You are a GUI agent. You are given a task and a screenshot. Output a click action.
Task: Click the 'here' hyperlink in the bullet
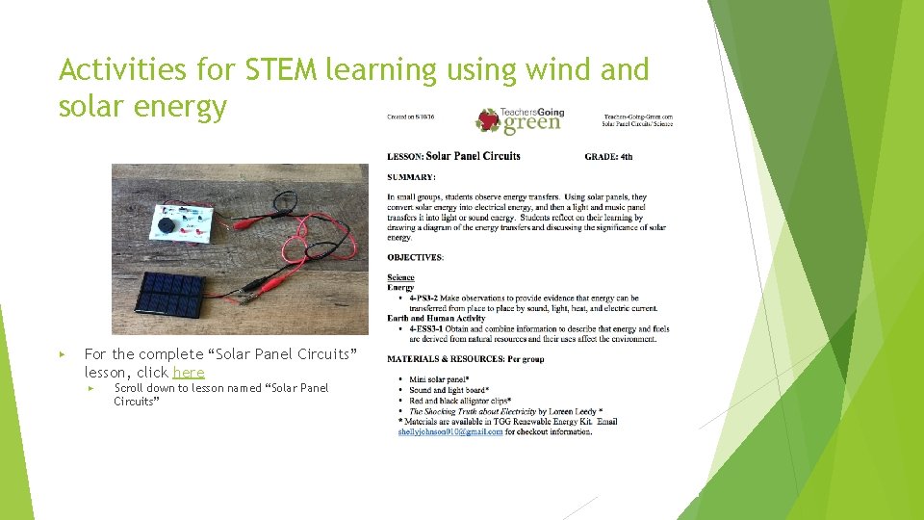pyautogui.click(x=189, y=373)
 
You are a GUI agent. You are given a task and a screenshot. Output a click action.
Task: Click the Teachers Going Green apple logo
pyautogui.click(x=488, y=119)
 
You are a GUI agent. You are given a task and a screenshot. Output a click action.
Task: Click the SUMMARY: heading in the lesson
pyautogui.click(x=411, y=177)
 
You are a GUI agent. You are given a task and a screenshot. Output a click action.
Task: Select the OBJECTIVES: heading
pyautogui.click(x=415, y=258)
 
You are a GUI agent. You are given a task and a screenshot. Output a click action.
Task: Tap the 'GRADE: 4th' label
pyautogui.click(x=608, y=156)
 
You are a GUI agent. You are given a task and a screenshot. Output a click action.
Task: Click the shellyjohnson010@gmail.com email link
pyautogui.click(x=449, y=432)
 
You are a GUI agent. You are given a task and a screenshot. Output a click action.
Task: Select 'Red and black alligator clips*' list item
pyautogui.click(x=460, y=401)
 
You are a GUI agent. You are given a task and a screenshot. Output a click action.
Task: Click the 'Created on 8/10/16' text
pyautogui.click(x=410, y=117)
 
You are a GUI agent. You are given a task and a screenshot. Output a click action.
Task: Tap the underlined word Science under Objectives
pyautogui.click(x=400, y=277)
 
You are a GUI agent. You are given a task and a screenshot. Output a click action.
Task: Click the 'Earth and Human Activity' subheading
pyautogui.click(x=436, y=318)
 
